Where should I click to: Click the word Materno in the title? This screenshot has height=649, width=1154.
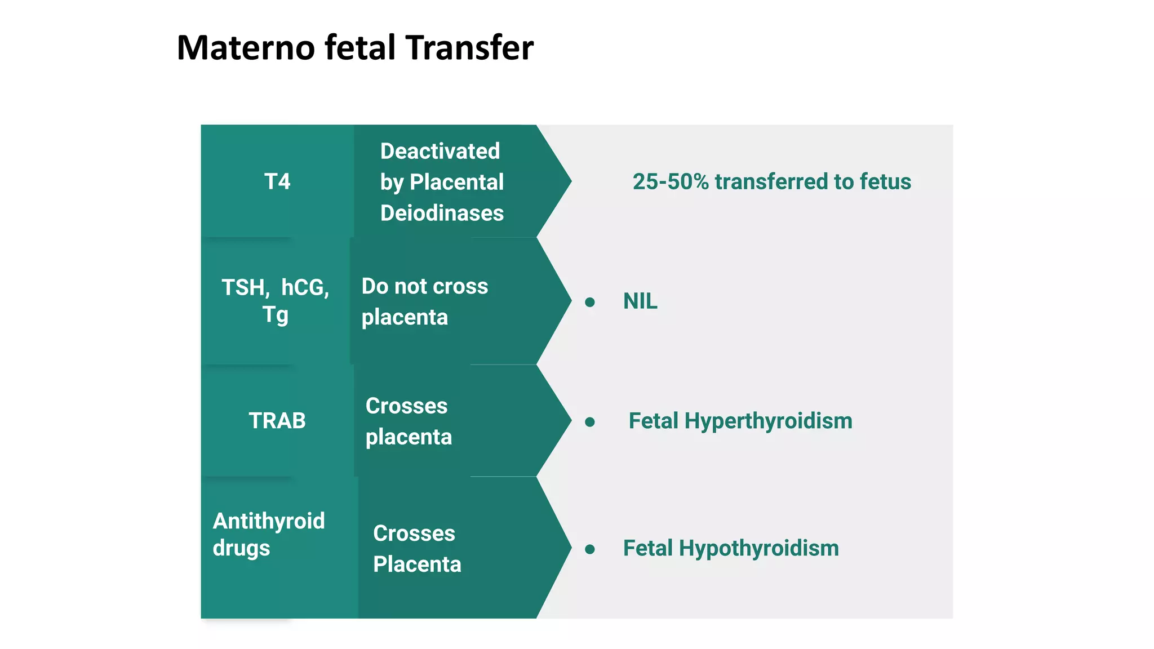(246, 48)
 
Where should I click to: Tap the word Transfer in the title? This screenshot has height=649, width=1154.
(469, 48)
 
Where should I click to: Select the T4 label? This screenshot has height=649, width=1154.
(277, 182)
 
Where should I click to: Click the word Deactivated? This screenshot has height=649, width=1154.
(440, 152)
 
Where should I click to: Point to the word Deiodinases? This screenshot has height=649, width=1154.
(442, 214)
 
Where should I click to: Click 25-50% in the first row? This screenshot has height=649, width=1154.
(671, 182)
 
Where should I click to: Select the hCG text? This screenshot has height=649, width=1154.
(305, 288)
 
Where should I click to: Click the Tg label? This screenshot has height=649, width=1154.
(275, 315)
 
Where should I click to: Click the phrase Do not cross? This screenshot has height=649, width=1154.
(424, 286)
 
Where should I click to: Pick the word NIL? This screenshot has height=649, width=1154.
(640, 301)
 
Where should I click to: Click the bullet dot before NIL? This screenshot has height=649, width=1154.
(590, 303)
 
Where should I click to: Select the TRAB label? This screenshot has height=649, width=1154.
(277, 421)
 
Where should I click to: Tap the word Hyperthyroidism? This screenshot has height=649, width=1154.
(768, 421)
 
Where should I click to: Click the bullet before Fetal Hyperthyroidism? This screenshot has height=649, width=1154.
(590, 422)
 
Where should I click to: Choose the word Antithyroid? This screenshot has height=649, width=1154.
(269, 521)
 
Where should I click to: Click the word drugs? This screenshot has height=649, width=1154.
(241, 548)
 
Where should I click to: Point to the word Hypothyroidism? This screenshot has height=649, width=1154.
(758, 549)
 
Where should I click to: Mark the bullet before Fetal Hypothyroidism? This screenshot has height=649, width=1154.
(590, 549)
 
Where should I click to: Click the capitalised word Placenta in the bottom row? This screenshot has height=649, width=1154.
(417, 564)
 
